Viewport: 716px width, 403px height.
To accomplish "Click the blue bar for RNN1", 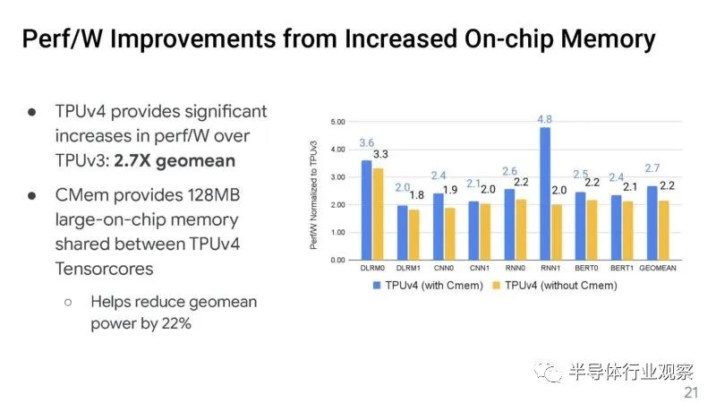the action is click(545, 193).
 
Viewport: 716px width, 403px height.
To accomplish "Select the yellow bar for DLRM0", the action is click(378, 214).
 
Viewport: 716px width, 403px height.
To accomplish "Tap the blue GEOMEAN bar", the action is click(652, 223).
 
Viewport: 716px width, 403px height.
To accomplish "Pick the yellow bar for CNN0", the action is click(449, 234).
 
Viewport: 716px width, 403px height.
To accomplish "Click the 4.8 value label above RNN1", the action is click(544, 119).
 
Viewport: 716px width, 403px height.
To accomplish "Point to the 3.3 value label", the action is click(380, 154).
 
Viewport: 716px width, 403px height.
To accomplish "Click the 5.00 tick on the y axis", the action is click(338, 122).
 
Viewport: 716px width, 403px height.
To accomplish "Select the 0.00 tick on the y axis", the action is click(338, 260).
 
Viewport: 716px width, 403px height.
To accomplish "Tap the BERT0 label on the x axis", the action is click(586, 268).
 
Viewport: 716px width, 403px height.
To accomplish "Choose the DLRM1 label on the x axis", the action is click(408, 268).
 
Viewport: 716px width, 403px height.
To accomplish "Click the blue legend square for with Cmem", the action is click(377, 286).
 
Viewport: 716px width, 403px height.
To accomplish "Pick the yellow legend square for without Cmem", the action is click(497, 286).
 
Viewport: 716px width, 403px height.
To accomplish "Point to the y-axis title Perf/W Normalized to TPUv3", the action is click(313, 195).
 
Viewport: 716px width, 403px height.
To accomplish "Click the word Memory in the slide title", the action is click(608, 39).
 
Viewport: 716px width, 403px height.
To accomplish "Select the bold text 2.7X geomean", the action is click(175, 161).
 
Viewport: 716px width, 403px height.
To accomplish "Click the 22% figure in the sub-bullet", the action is click(176, 323).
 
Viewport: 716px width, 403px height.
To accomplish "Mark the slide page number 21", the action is click(691, 392).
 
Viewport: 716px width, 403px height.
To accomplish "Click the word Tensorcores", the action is click(104, 269).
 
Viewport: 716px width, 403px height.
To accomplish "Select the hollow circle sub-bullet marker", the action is click(68, 302).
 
